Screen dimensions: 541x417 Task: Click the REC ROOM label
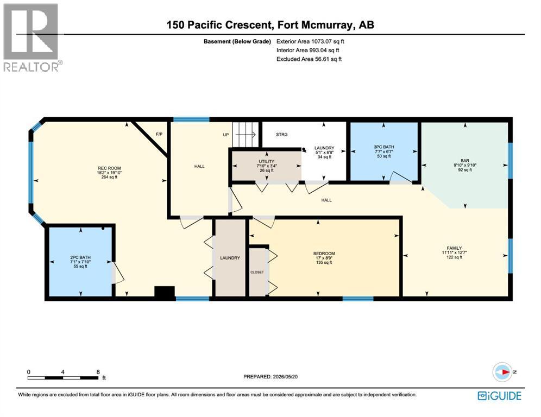tap(109, 168)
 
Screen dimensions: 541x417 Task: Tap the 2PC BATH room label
tap(80, 257)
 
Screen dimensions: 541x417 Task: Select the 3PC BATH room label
tap(384, 147)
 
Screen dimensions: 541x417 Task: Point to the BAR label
tap(465, 161)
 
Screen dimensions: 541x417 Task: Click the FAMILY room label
tap(454, 248)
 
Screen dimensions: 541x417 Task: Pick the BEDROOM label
tap(324, 254)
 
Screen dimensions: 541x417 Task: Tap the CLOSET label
tap(257, 272)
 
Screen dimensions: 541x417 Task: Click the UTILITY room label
tap(266, 161)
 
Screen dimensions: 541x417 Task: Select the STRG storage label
tap(281, 135)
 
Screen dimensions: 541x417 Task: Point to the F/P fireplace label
tap(159, 134)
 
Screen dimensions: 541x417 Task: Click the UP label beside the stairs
tap(225, 135)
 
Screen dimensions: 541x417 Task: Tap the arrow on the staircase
tap(246, 134)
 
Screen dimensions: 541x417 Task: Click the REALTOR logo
tap(33, 37)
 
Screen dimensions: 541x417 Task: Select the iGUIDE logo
tap(499, 396)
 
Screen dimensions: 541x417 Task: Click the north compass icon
tap(502, 372)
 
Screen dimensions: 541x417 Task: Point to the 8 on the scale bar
tap(98, 372)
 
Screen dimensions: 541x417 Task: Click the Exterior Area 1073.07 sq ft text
tap(310, 41)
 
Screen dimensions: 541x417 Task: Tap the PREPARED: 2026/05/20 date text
tap(270, 377)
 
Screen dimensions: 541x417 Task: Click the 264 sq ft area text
tap(109, 177)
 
